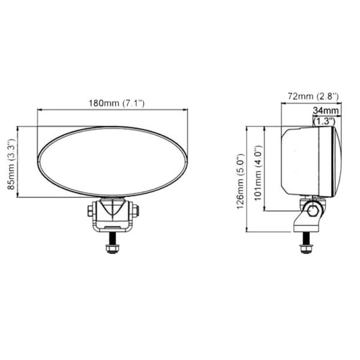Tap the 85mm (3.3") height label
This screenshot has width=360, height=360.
pyautogui.click(x=11, y=162)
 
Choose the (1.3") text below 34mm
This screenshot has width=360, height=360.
pyautogui.click(x=325, y=121)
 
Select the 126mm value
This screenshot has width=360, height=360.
pyautogui.click(x=240, y=188)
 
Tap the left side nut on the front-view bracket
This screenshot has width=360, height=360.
pyautogui.click(x=90, y=211)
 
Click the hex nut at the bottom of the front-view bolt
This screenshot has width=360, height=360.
pyautogui.click(x=112, y=248)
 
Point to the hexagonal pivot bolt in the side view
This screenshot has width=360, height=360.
pyautogui.click(x=311, y=209)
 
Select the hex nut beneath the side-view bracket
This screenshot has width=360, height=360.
pyautogui.click(x=306, y=247)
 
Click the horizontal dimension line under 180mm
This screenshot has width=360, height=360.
pyautogui.click(x=112, y=110)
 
